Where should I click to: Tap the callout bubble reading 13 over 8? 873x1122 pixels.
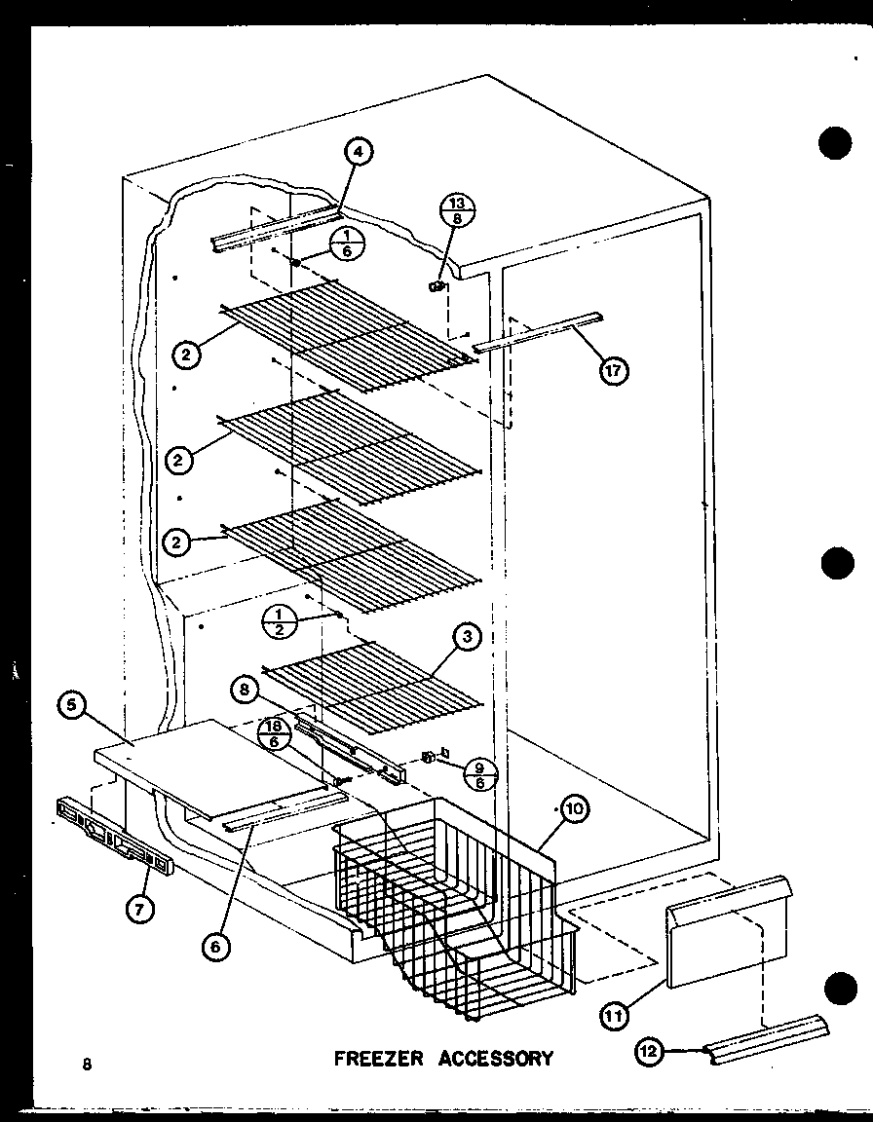pos(456,212)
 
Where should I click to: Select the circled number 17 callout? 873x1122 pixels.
pos(614,370)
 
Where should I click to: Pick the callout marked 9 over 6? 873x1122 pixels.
pos(482,775)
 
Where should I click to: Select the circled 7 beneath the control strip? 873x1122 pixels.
pos(138,910)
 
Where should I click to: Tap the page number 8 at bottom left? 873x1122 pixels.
pos(87,1063)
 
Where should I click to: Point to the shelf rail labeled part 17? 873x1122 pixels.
pos(537,332)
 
